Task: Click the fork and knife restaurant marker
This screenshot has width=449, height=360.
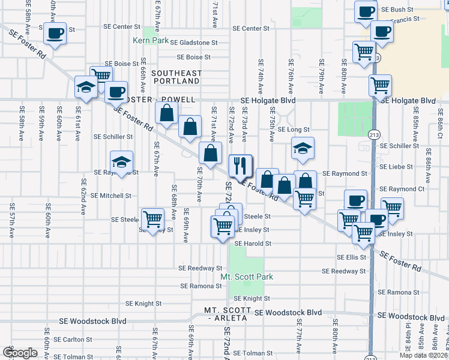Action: [x=241, y=166]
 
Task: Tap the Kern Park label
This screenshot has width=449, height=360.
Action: [x=151, y=41]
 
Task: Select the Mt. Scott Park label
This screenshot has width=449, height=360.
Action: [x=247, y=277]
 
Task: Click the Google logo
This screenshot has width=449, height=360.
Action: [x=20, y=353]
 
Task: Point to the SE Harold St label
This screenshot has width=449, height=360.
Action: [x=253, y=244]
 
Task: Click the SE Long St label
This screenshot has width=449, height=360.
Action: [x=294, y=130]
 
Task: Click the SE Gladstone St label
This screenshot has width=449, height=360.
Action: [x=193, y=43]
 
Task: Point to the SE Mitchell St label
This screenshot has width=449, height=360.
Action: [x=112, y=196]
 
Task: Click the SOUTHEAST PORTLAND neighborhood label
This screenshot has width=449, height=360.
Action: [x=176, y=77]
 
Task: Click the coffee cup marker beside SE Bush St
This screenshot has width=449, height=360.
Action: [x=365, y=11]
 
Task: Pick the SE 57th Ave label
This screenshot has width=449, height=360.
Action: [x=12, y=223]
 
